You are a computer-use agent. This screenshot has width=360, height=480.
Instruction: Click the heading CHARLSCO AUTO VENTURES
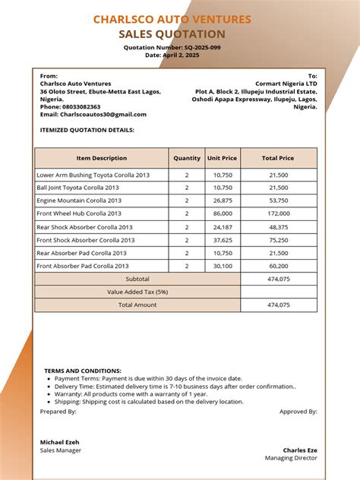tap(172, 20)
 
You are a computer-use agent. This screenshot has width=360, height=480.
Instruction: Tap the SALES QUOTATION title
tap(172, 34)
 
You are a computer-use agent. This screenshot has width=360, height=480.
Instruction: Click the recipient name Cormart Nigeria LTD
tap(286, 84)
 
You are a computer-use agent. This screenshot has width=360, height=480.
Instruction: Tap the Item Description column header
tap(102, 158)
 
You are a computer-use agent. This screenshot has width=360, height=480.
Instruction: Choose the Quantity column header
tap(187, 158)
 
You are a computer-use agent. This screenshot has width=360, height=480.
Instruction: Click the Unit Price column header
tap(223, 158)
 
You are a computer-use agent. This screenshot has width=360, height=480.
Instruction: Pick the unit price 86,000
tap(223, 213)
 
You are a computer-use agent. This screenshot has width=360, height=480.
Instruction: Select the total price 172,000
tap(279, 213)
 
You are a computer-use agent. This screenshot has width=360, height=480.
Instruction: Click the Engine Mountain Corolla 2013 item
tap(79, 201)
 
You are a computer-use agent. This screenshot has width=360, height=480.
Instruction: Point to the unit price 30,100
tap(223, 266)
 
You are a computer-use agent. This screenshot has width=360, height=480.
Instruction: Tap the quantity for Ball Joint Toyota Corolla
tap(187, 188)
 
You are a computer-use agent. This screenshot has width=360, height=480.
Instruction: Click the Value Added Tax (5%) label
tap(137, 292)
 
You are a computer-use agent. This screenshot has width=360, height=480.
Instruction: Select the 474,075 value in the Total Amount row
tap(279, 305)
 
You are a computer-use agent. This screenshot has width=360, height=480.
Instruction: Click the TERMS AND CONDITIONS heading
tap(83, 371)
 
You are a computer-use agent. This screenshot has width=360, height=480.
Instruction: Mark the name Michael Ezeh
tap(61, 441)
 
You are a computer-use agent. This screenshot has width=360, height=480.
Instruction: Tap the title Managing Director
tap(291, 458)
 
